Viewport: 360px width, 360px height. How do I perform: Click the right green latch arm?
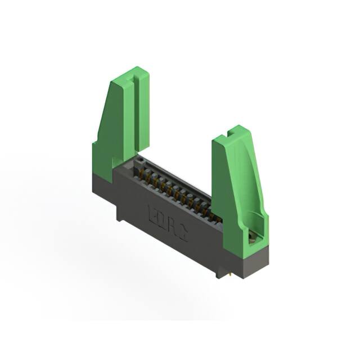(x=236, y=186)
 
